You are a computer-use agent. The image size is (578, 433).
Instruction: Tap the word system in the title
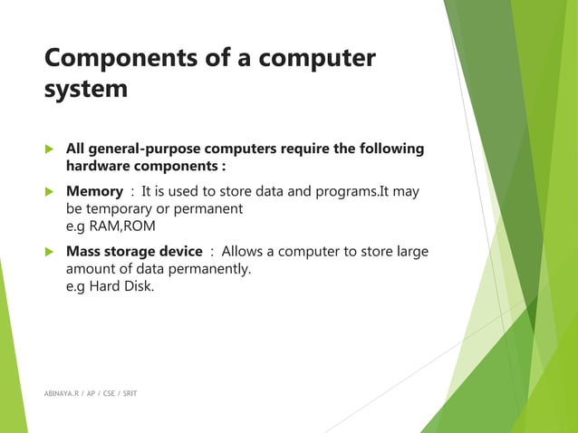pos(86,90)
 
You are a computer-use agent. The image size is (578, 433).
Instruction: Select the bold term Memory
pos(94,191)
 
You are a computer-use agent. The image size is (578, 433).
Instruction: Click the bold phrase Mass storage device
pos(134,251)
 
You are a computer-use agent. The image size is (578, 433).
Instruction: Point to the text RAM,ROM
pos(113,226)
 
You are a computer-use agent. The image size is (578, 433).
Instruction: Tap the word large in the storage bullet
pos(409,251)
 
